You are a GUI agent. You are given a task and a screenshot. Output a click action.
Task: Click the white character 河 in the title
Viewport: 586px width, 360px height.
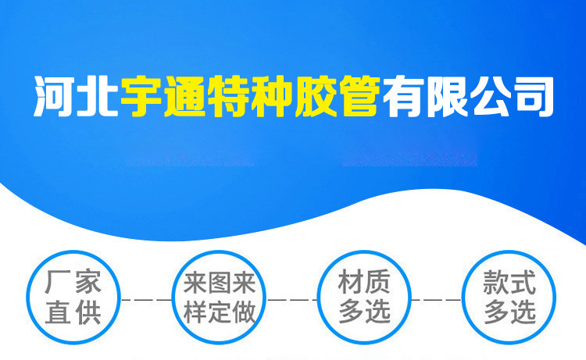coord(55,96)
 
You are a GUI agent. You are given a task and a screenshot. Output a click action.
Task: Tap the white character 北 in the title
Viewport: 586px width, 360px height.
coord(98,96)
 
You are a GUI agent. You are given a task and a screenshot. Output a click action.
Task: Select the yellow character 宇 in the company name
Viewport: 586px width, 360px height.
coord(141,96)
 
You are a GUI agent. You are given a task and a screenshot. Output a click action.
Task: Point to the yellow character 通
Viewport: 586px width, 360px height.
coord(184,96)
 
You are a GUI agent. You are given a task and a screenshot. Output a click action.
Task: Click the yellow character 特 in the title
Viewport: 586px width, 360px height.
coord(228,96)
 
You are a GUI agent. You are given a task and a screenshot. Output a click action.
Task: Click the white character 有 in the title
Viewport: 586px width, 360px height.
coord(402,96)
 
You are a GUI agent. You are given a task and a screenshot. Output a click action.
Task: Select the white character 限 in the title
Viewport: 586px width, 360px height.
coord(446,96)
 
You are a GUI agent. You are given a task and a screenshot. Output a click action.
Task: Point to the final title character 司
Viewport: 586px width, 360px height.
coord(533,96)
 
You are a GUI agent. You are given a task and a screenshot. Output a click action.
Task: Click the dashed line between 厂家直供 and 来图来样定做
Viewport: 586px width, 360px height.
coord(146,300)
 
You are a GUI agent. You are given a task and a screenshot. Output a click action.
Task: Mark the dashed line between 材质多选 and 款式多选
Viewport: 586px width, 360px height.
coord(437,300)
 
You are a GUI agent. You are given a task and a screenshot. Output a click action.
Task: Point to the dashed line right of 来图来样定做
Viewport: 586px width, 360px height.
coord(291,300)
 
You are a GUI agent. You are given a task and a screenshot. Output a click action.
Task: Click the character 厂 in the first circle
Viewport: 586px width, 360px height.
coord(58,282)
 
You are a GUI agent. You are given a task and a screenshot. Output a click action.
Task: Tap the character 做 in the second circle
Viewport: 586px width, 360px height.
coord(244,312)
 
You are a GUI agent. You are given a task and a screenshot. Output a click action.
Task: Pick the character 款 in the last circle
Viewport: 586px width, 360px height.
coord(495,282)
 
